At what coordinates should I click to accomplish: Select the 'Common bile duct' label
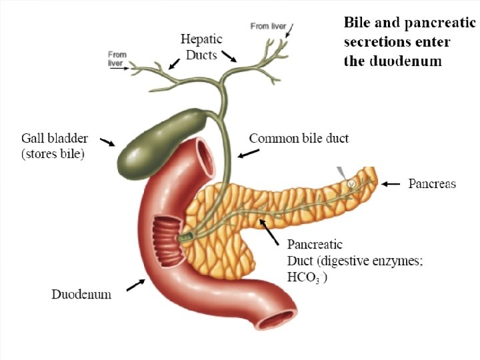click(x=299, y=139)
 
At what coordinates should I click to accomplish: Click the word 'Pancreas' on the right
click(x=432, y=183)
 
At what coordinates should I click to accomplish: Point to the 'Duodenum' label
click(x=82, y=293)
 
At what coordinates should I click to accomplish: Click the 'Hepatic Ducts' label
click(x=201, y=47)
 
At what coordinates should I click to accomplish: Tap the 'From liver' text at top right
click(x=268, y=26)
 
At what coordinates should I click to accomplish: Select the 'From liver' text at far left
click(x=117, y=59)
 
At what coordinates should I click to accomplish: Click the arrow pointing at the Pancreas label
click(x=395, y=183)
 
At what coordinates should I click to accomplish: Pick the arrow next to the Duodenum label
click(x=135, y=285)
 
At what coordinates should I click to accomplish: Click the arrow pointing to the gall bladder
click(x=107, y=141)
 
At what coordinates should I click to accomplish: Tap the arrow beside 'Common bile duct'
click(x=249, y=153)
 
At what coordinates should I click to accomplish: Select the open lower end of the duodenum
click(x=278, y=321)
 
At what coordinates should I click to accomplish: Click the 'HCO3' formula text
click(x=304, y=276)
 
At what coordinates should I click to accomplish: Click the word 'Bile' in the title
click(x=357, y=22)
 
